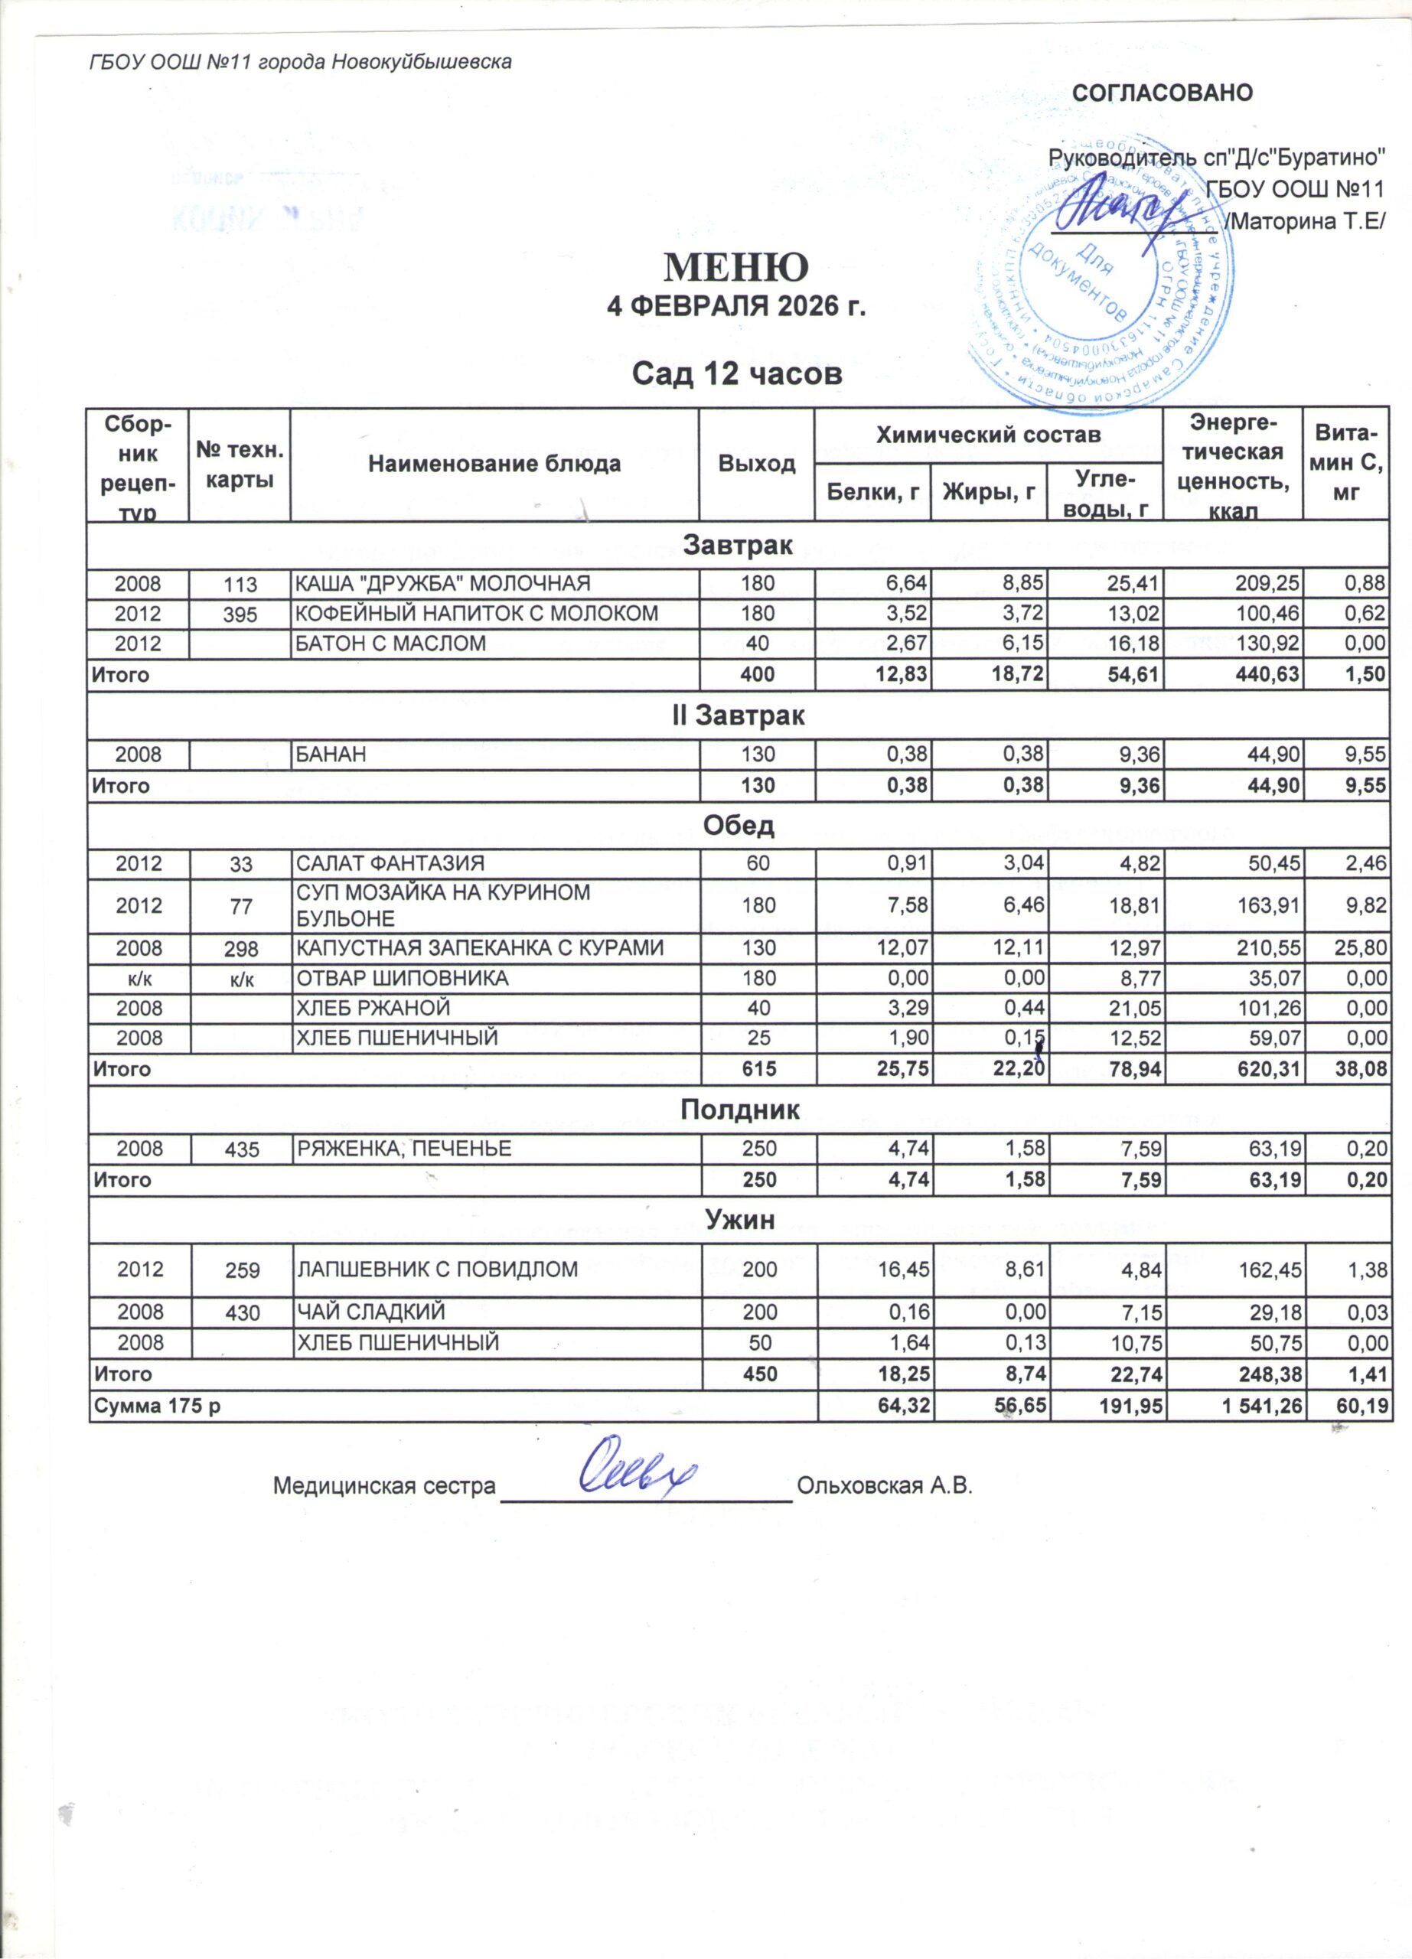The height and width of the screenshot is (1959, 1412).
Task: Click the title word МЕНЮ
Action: tap(735, 269)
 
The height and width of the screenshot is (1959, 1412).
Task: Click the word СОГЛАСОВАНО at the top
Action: tap(1162, 93)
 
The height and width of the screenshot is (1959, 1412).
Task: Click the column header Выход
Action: tap(757, 464)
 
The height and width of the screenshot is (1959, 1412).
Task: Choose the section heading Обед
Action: tap(739, 826)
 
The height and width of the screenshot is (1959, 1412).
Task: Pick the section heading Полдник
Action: tap(739, 1110)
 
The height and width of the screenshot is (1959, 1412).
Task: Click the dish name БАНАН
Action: tap(331, 754)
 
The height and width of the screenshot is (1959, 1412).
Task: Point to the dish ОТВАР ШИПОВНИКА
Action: tap(403, 978)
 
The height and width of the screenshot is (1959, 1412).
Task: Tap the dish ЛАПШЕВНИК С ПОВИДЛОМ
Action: tap(437, 1269)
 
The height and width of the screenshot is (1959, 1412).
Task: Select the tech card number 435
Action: tap(241, 1149)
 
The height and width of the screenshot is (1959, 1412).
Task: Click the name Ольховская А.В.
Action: tap(885, 1485)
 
